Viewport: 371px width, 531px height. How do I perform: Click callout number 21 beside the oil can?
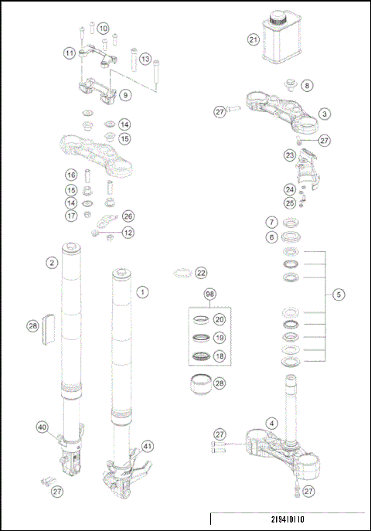(x=254, y=39)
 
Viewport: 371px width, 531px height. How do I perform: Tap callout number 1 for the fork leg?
(x=142, y=293)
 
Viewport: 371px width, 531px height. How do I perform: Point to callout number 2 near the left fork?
(x=51, y=262)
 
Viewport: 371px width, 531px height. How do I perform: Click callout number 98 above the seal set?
(x=209, y=295)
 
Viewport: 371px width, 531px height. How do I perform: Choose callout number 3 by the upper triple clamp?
(x=325, y=114)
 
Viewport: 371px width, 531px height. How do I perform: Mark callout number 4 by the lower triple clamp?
(x=271, y=423)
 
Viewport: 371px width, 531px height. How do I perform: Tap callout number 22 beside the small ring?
(x=202, y=273)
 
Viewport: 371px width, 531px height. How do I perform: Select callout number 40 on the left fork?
(x=43, y=427)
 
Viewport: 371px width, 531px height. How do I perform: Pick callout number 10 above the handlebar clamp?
(x=103, y=28)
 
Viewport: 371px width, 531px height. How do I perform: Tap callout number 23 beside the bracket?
(x=290, y=155)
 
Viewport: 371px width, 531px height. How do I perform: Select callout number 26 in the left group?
(x=128, y=216)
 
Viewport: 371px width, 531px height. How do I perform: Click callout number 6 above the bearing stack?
(x=271, y=237)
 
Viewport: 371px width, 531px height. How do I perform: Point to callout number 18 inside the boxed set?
(x=220, y=356)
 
